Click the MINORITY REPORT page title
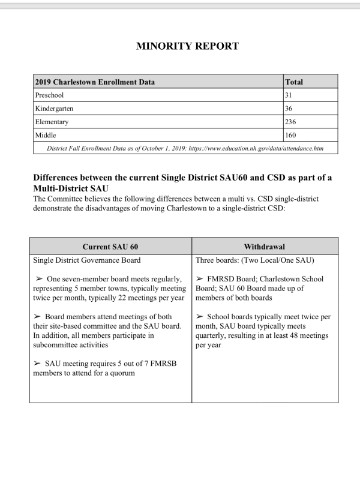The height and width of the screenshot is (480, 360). [x=179, y=46]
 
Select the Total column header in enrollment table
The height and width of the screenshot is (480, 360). [x=293, y=82]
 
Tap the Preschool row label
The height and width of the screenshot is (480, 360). [x=49, y=95]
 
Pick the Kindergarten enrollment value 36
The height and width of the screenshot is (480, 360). [x=290, y=109]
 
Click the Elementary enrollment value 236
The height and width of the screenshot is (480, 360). [x=292, y=122]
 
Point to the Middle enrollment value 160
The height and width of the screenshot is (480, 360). [x=292, y=135]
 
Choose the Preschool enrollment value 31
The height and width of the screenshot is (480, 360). [x=289, y=95]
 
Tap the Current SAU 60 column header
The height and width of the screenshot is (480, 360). [x=110, y=247]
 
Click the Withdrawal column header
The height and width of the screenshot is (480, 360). [x=265, y=247]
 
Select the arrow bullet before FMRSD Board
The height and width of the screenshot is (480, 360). [x=200, y=279]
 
